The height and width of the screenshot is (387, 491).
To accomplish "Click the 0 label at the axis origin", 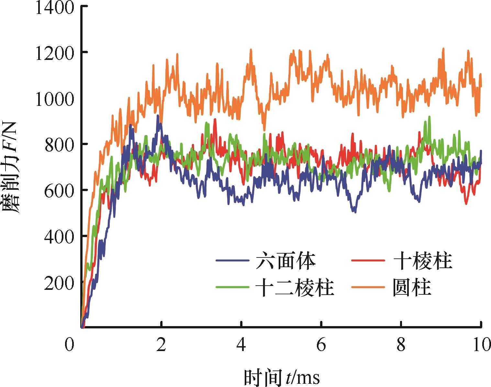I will click(x=69, y=345).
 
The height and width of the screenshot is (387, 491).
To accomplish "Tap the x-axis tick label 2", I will click(x=161, y=345).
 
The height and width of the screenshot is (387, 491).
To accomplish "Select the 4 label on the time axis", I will click(x=241, y=345).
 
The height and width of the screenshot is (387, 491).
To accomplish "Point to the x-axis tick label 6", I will click(x=321, y=345).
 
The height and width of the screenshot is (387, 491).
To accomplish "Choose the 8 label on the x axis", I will click(x=401, y=345).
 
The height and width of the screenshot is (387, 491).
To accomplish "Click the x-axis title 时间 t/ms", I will click(x=282, y=377).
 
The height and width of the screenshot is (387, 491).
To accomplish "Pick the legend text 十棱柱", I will click(x=422, y=261).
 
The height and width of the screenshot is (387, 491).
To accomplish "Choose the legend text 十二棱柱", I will click(x=295, y=287).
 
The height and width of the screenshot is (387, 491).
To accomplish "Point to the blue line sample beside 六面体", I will click(x=232, y=261).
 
